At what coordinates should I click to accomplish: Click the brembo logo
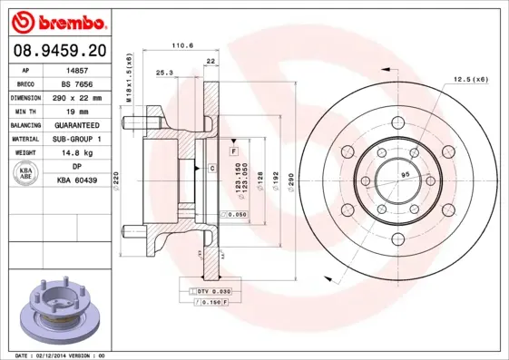click(x=56, y=20)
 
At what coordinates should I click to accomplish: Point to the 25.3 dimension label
click(x=164, y=72)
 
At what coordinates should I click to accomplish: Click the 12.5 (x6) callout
click(x=470, y=80)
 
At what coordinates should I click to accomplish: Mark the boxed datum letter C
click(x=211, y=169)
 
